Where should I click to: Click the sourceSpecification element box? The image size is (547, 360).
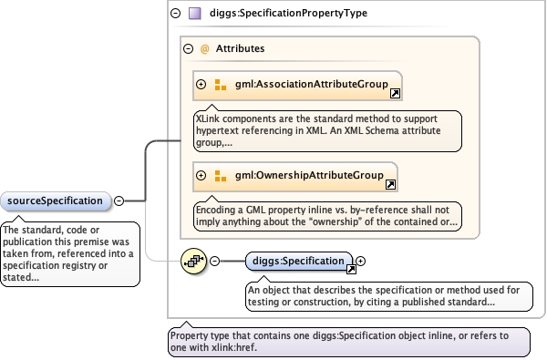pos(56,201)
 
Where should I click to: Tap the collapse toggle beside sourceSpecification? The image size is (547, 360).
pos(119,201)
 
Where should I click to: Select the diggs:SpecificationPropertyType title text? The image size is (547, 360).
pos(288,14)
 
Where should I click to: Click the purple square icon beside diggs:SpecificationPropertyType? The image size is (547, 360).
pos(195,14)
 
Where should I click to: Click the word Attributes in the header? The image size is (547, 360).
pos(240,48)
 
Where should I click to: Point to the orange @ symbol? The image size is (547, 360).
pos(205,49)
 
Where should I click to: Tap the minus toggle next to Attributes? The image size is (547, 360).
pos(189,48)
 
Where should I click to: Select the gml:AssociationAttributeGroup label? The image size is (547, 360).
pos(312,84)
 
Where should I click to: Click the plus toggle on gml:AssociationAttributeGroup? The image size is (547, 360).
pos(201,84)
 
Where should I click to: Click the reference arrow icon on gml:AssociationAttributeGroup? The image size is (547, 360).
pos(395,94)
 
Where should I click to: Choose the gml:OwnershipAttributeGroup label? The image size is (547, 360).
pos(309,175)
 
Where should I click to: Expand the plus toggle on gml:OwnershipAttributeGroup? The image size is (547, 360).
pos(201,175)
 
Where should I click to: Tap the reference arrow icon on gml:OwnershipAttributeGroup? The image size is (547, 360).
pos(390,184)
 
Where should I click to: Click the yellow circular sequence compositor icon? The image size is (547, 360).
pos(193,261)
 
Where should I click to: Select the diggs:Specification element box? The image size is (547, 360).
pos(299,262)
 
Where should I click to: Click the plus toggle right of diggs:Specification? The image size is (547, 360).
pos(360,261)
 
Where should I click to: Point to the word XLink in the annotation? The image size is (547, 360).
pos(208,118)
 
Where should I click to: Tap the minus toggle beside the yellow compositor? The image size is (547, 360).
pos(214,261)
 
